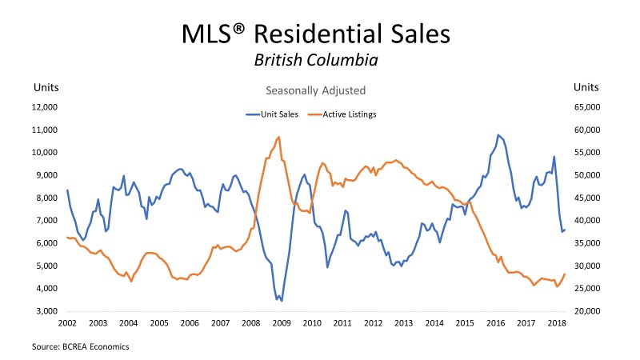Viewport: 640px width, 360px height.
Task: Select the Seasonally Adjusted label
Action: (319, 90)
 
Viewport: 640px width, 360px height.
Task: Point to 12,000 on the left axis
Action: (46, 106)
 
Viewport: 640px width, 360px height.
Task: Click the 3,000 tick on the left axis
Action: (48, 310)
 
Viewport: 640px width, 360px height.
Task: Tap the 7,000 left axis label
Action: (48, 220)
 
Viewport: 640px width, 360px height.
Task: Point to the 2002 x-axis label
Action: (67, 322)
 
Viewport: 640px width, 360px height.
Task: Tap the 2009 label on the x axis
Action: (282, 322)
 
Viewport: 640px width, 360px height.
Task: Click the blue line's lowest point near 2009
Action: (282, 301)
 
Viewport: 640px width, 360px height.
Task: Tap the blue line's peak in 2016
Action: (498, 134)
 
